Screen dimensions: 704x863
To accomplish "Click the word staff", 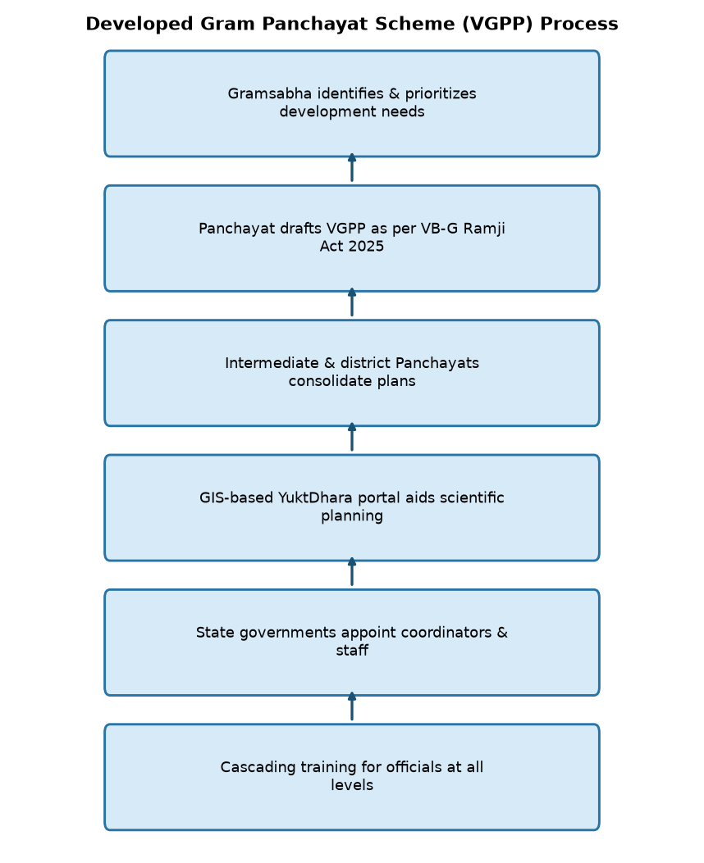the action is coord(352,650).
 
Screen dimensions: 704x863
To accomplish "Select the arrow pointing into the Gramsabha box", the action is coord(352,167).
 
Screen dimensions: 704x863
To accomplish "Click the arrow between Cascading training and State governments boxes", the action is coord(352,706).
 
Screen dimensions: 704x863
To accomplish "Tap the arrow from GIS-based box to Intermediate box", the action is coord(352,437).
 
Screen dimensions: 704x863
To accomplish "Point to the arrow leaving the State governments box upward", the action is coord(352,571).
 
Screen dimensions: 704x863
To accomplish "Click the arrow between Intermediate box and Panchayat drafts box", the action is coord(352,302).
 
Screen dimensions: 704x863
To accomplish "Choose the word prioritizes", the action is coord(441,94).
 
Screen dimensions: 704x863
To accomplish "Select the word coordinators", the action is coord(446,633).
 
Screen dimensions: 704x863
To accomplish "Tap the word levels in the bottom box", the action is coord(352,785).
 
